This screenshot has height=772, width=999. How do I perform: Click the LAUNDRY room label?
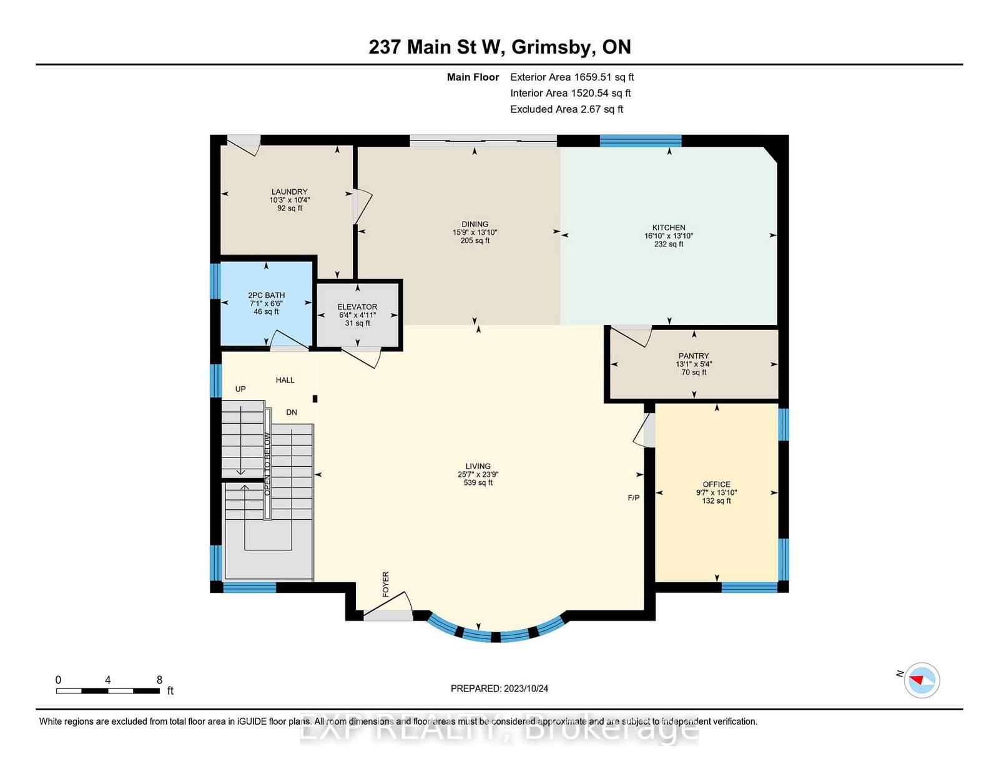[289, 192]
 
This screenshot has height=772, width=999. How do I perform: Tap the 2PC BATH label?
[266, 295]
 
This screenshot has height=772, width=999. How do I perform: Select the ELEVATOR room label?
[357, 306]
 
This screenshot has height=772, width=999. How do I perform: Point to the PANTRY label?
[694, 356]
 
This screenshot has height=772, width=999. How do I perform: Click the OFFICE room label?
[716, 484]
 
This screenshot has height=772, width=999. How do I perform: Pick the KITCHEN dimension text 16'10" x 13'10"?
[669, 236]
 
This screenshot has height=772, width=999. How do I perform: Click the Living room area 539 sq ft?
[478, 482]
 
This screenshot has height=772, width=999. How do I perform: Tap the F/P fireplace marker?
[634, 497]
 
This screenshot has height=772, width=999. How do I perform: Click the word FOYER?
[386, 584]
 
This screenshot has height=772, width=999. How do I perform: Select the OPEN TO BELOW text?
[267, 464]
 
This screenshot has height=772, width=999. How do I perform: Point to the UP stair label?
[240, 389]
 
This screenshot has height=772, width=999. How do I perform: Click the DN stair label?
[292, 412]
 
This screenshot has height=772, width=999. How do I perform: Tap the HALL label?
[285, 380]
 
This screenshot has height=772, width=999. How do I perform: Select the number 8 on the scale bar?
[159, 680]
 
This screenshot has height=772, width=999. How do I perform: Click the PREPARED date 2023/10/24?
[526, 688]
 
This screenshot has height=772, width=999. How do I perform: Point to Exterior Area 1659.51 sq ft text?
[572, 77]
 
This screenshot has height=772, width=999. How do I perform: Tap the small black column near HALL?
[315, 399]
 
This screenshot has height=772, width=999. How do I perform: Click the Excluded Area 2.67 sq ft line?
[566, 109]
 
